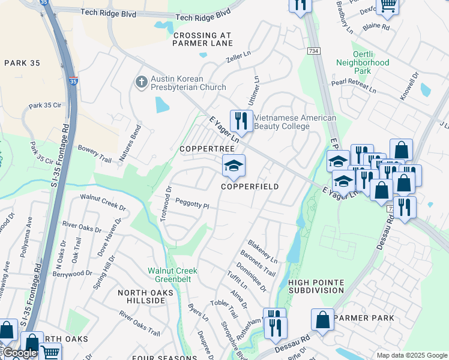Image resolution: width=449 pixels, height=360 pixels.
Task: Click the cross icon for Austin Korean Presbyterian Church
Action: (x=141, y=82)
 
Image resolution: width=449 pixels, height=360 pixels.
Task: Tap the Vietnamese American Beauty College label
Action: (x=295, y=122)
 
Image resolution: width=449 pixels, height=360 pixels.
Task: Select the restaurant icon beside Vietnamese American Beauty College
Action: (x=241, y=121)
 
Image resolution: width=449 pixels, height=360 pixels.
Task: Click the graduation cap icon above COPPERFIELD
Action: (x=234, y=165)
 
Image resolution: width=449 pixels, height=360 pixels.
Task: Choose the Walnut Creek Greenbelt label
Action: (x=173, y=275)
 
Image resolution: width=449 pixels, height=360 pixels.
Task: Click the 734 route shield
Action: (x=313, y=53)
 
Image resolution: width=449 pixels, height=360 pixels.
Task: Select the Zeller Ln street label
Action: (x=237, y=59)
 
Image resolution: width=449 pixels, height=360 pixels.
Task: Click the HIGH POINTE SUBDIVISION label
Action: (x=316, y=286)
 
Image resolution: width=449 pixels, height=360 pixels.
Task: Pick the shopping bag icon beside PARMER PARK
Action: (x=322, y=319)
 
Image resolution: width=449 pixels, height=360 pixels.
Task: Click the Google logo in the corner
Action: (x=19, y=353)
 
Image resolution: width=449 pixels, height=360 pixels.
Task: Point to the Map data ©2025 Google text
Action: (x=411, y=355)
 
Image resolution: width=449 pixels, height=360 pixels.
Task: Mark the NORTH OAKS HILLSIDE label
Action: (x=145, y=298)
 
